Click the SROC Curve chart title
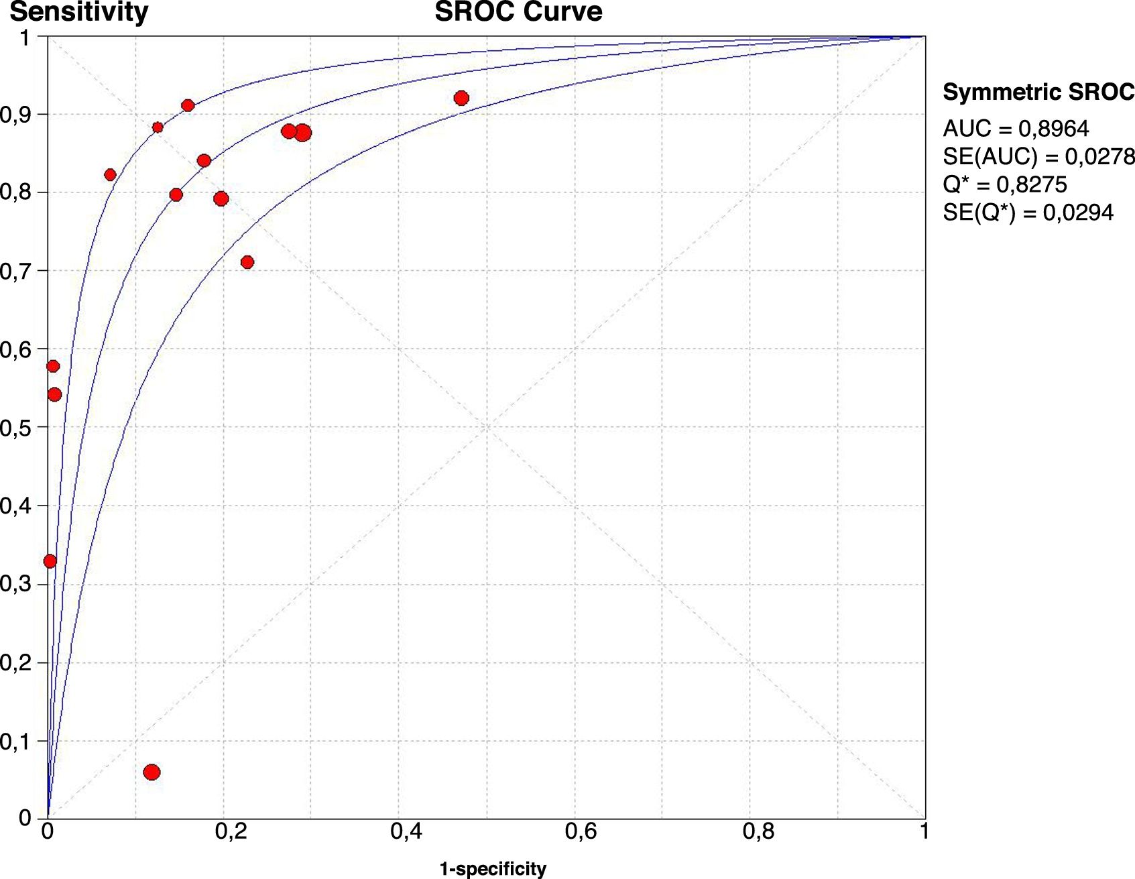518,12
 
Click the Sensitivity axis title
78,12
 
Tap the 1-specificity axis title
493,869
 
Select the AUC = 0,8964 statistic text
1016,128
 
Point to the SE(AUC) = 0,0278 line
1038,156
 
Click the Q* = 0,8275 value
1004,184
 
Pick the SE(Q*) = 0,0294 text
1028,213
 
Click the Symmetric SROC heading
1038,92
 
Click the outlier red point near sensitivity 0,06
152,772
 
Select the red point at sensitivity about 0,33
50,561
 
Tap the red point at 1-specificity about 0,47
461,99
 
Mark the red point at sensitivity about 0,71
247,262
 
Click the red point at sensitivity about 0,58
53,366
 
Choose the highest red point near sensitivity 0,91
188,105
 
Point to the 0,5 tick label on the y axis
15,428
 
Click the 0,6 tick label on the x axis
581,832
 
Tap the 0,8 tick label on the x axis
758,832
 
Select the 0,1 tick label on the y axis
15,742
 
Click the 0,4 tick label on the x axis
406,832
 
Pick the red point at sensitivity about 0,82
111,175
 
